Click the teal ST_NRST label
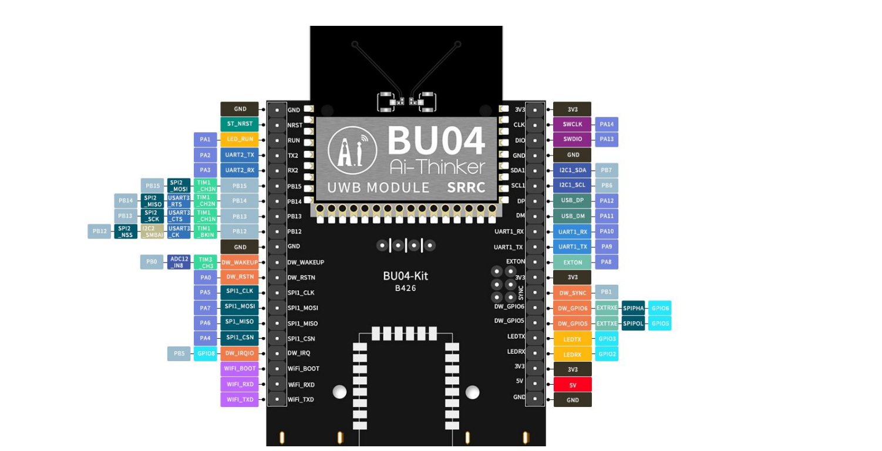[240, 124]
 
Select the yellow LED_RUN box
[240, 139]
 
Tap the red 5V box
[573, 385]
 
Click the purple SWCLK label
[573, 124]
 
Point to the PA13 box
[607, 139]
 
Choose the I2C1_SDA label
[573, 170]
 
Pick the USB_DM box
[573, 216]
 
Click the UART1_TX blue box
[573, 247]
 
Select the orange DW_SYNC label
[573, 293]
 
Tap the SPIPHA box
[633, 308]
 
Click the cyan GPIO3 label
[607, 339]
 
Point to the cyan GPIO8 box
[206, 354]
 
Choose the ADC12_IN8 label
[179, 262]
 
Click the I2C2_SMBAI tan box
[152, 231]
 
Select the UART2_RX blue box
[240, 170]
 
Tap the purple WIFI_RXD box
[240, 385]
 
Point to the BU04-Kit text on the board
[405, 276]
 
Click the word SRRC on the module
[466, 187]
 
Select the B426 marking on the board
[405, 288]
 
